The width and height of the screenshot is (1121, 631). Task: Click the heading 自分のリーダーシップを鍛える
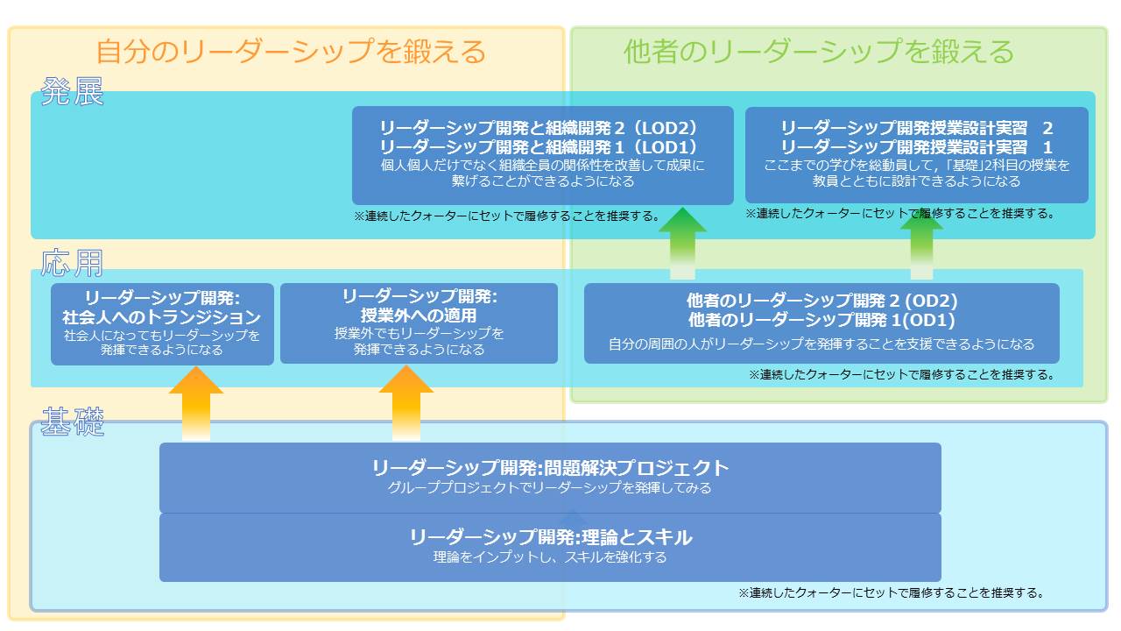tap(290, 52)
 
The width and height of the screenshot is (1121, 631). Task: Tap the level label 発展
tap(72, 92)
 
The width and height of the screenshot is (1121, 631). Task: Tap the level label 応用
tap(72, 262)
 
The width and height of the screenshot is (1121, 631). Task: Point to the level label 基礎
tap(72, 423)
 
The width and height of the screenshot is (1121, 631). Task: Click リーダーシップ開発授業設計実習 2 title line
tap(916, 127)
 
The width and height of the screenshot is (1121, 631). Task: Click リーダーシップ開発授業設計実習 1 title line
tap(916, 146)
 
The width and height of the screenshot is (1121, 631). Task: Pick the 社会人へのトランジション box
tap(162, 323)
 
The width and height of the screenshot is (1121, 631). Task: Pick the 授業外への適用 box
tap(419, 323)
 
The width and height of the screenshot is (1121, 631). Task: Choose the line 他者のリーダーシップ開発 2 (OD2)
tap(821, 301)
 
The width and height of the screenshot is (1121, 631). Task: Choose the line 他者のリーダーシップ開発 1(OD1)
tap(821, 320)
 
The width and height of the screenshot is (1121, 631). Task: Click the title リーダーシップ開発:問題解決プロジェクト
tap(550, 468)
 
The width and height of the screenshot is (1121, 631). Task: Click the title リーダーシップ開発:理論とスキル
tap(550, 537)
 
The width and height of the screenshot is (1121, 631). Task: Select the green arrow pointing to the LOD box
tap(682, 243)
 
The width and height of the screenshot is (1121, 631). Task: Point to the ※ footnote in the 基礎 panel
tap(891, 593)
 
